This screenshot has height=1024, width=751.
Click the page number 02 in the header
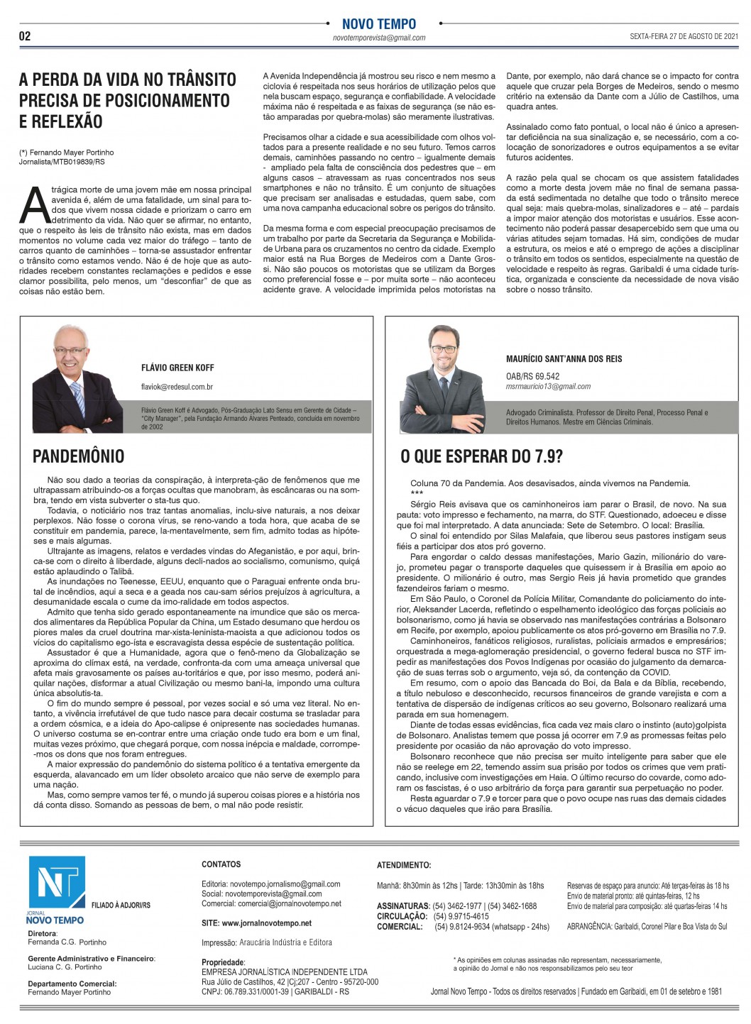(25, 36)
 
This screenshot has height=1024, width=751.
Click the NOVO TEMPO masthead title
(379, 24)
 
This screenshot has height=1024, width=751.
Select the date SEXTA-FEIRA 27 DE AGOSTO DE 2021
(684, 36)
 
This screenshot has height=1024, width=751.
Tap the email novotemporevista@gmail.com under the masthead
(379, 38)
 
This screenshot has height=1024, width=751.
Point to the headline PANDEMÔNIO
(78, 456)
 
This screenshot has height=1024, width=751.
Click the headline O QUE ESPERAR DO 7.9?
(481, 456)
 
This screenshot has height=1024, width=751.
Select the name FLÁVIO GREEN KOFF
(177, 368)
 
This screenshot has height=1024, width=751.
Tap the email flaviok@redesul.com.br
(177, 387)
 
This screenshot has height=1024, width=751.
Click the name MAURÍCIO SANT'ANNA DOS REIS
(564, 359)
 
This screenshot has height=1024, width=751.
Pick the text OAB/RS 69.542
(532, 376)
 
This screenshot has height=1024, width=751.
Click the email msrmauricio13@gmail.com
(548, 387)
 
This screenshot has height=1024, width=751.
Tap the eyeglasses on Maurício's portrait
(444, 349)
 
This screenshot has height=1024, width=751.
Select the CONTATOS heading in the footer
(221, 864)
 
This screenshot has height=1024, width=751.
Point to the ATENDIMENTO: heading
(403, 865)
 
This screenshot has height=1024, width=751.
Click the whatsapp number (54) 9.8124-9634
(468, 926)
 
